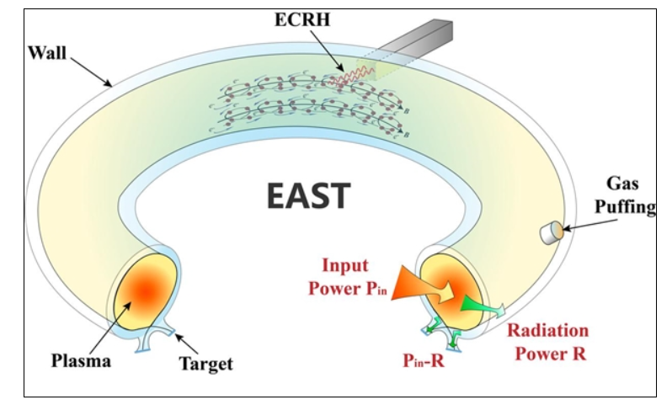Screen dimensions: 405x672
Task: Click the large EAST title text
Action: (x=307, y=195)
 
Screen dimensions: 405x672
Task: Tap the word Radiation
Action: (x=547, y=330)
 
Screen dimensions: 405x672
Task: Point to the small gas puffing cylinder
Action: (x=552, y=231)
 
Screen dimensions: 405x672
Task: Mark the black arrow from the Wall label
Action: (x=92, y=71)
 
